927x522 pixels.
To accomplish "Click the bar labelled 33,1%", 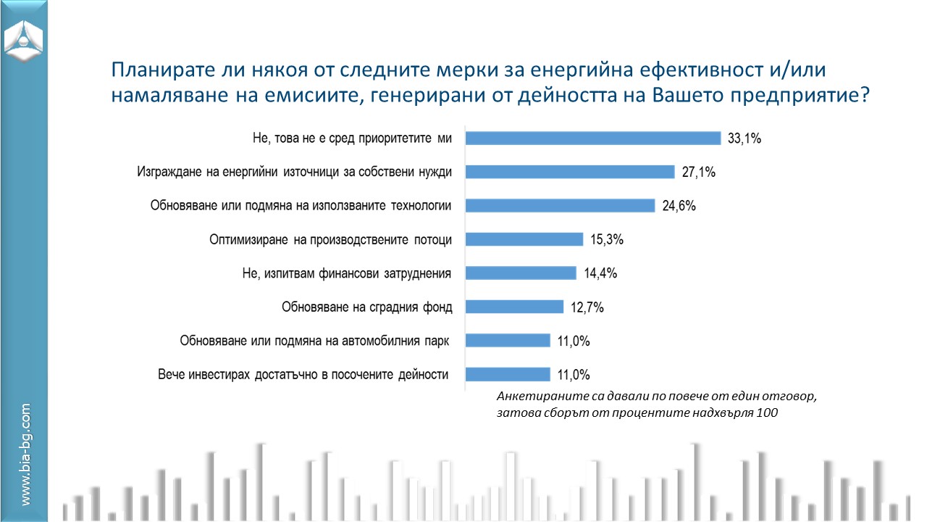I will click(x=592, y=138).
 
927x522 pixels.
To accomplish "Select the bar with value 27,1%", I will click(x=570, y=172).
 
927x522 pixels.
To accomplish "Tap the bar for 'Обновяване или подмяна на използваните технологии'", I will click(x=560, y=206).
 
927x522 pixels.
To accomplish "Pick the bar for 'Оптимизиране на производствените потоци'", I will click(x=524, y=239).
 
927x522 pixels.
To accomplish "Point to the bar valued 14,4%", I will click(x=521, y=273).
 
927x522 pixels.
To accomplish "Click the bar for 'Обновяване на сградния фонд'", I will click(x=514, y=307).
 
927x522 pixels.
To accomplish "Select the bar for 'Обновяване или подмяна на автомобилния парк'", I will click(x=508, y=341).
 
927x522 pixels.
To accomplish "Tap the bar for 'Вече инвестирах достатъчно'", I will click(x=508, y=374).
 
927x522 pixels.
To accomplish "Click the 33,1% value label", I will click(x=744, y=139).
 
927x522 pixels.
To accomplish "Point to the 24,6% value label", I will click(x=679, y=206).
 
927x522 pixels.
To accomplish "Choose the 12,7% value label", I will click(x=587, y=307).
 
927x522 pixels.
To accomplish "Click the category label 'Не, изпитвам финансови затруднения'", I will click(x=347, y=273).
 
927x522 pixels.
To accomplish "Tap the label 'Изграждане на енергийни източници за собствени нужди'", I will click(x=295, y=172).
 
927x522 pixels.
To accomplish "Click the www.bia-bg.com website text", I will click(x=25, y=455).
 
